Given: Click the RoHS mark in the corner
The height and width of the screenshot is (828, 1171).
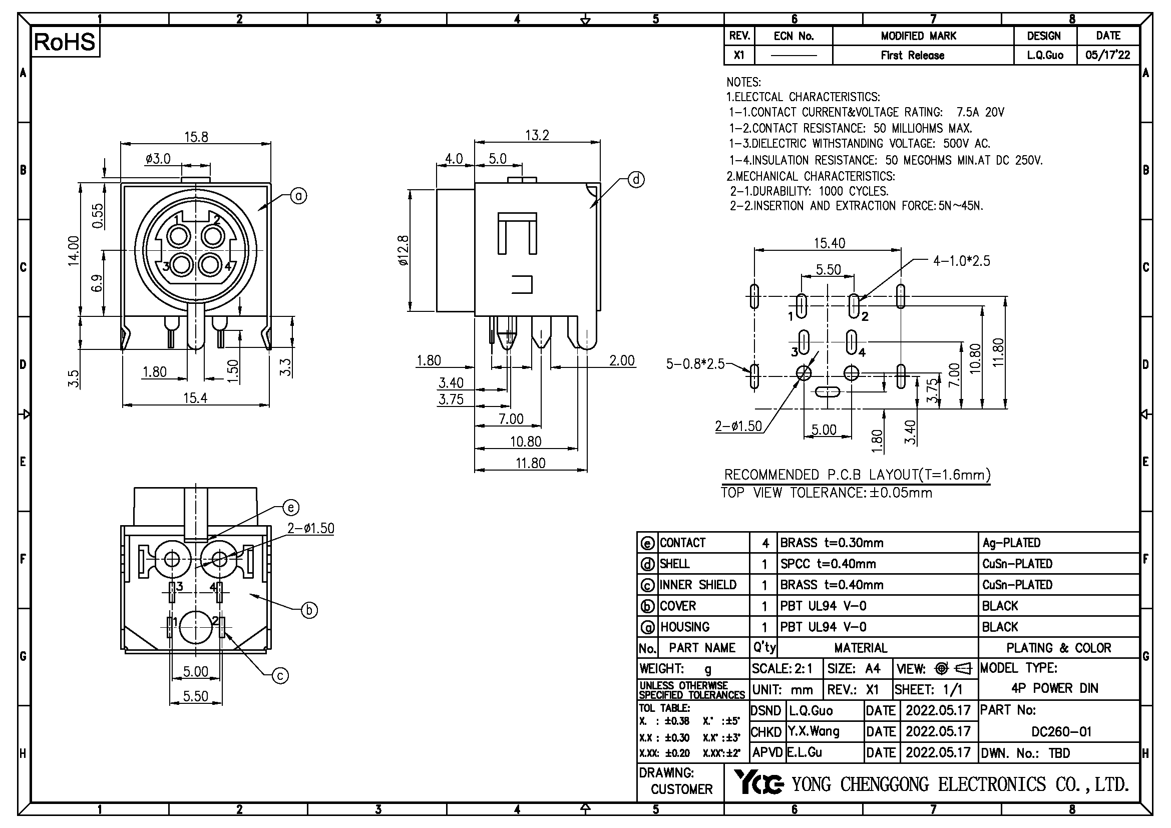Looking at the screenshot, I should point(65,42).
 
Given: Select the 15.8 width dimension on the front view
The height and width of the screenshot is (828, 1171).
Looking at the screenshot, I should point(196,137).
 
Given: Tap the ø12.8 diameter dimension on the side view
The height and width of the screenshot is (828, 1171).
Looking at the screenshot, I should point(403,250).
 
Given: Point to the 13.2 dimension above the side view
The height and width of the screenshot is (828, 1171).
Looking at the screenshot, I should point(537,135).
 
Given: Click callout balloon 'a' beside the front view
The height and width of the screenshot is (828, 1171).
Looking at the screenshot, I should point(298,196).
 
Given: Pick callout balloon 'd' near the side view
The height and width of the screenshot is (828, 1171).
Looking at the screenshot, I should point(635,180).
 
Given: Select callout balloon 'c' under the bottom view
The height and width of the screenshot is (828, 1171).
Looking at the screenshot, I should point(280,676).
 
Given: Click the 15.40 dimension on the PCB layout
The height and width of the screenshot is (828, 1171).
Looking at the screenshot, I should point(829,243).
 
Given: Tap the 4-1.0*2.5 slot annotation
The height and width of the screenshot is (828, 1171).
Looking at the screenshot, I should point(961,261).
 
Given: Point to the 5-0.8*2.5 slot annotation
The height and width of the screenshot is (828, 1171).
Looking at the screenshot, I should point(695,364).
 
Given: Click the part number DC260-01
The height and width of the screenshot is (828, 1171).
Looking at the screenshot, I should point(1061,732).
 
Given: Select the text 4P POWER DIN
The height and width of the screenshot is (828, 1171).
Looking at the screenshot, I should point(1055,688).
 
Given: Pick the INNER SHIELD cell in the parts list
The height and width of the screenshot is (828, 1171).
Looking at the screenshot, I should point(698,585).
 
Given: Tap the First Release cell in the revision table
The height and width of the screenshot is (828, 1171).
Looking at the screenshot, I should point(913,55).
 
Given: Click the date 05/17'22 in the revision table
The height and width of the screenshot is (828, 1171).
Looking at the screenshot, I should point(1108,55).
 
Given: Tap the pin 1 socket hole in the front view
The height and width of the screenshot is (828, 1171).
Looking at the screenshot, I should point(179,237).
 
